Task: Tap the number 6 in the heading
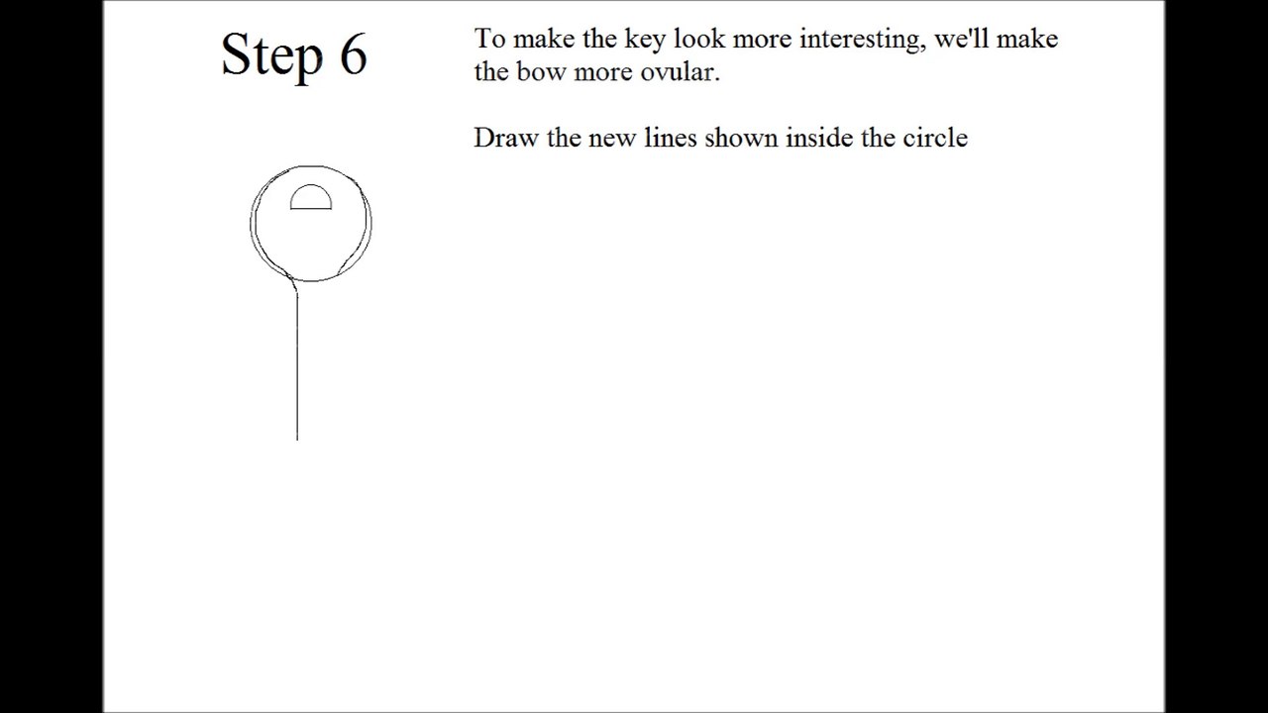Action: coord(354,54)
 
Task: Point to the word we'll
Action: coord(961,38)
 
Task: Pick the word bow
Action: coord(542,71)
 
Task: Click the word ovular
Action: coord(680,72)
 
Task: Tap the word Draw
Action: coord(506,138)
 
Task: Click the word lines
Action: coord(671,138)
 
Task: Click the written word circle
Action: coord(935,138)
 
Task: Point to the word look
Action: coord(699,39)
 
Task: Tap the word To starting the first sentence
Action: coord(489,39)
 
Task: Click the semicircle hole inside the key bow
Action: coord(311,185)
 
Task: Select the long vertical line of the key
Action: coord(297,366)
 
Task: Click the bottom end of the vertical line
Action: coord(297,440)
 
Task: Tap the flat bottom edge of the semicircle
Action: coord(311,209)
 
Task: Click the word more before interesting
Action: coord(762,41)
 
